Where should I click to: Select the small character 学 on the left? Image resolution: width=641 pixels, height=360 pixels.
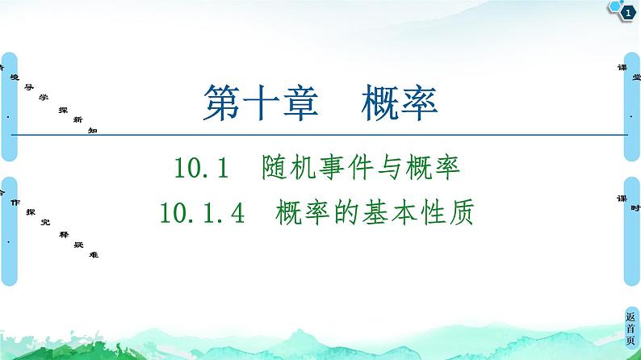[43, 97]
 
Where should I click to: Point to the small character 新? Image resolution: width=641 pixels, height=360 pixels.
[78, 119]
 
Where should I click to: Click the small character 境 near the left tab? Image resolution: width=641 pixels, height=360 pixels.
[14, 77]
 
